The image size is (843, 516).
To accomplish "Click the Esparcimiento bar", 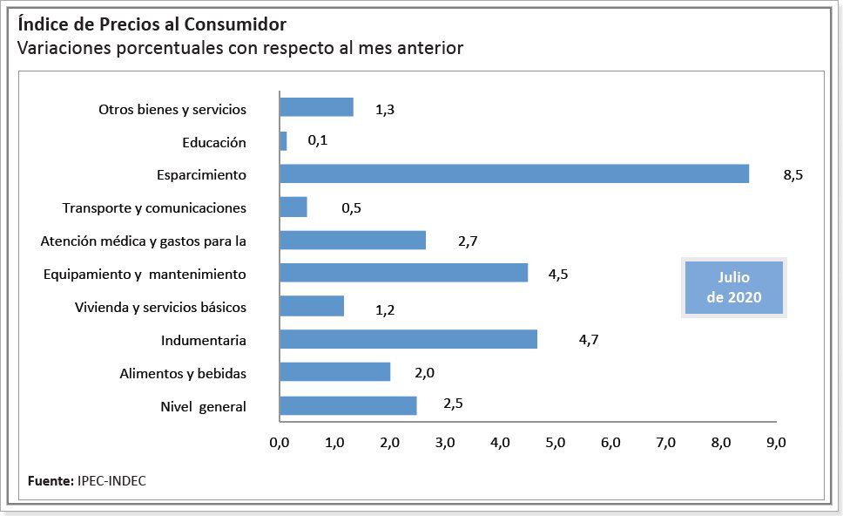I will pyautogui.click(x=514, y=173).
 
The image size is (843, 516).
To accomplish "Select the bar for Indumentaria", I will pyautogui.click(x=408, y=339).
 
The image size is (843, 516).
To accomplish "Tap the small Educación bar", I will pyautogui.click(x=283, y=141).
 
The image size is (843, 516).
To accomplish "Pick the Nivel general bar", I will pyautogui.click(x=347, y=405).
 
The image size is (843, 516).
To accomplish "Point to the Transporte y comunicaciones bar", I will pyautogui.click(x=293, y=207).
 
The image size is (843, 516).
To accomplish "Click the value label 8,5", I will pyautogui.click(x=792, y=175).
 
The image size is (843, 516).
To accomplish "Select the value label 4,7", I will pyautogui.click(x=588, y=341).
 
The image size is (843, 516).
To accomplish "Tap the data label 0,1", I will pyautogui.click(x=317, y=141).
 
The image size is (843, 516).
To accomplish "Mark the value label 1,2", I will pyautogui.click(x=385, y=309).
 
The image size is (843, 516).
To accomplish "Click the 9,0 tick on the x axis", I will pyautogui.click(x=775, y=443).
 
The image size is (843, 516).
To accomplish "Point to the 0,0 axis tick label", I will pyautogui.click(x=280, y=443).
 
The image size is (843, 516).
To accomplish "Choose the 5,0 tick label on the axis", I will pyautogui.click(x=555, y=443).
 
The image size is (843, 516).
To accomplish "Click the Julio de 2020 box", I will pyautogui.click(x=733, y=287).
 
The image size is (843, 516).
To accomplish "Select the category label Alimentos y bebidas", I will pyautogui.click(x=183, y=373).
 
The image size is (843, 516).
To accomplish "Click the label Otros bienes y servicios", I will pyautogui.click(x=172, y=109).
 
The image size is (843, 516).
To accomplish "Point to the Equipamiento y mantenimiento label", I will pyautogui.click(x=145, y=274).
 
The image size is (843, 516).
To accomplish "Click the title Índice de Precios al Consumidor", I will pyautogui.click(x=152, y=24).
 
